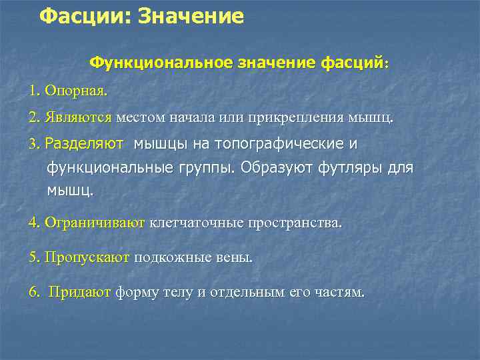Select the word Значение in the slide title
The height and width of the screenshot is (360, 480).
click(191, 16)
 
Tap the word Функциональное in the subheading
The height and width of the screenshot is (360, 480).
click(161, 63)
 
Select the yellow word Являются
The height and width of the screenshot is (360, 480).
click(79, 118)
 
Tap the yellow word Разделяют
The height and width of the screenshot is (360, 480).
click(85, 143)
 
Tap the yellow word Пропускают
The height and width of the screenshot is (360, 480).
click(87, 257)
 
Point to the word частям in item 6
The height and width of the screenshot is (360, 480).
click(339, 292)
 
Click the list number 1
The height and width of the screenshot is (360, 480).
click(33, 89)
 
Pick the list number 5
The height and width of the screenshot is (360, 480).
click(33, 257)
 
